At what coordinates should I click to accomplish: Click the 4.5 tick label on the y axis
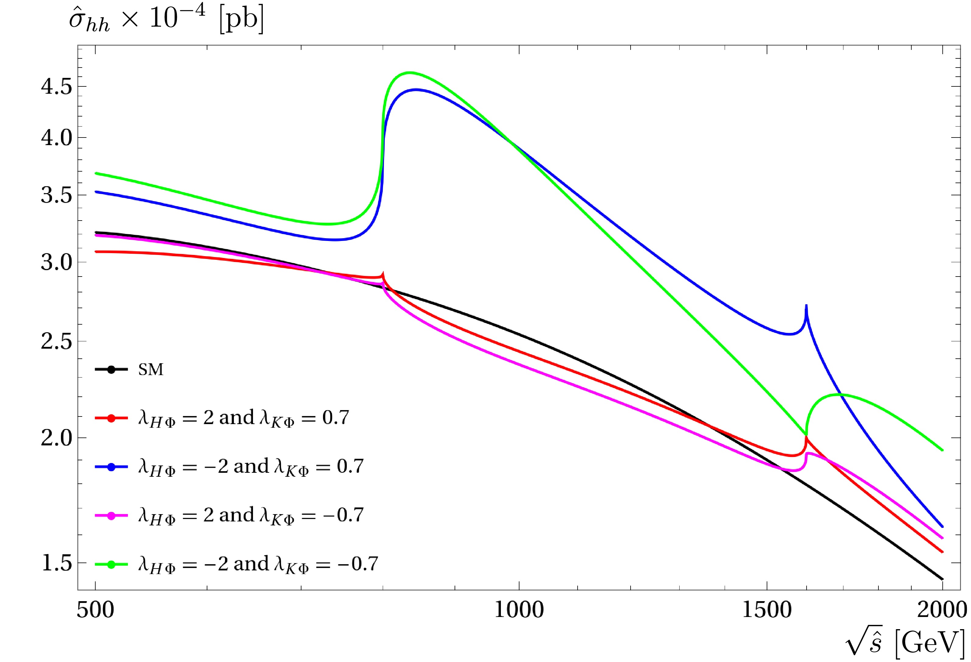[x=56, y=87]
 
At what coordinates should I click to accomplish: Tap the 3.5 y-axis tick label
[x=56, y=195]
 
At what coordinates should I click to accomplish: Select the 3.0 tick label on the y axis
[x=56, y=263]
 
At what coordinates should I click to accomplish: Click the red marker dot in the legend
[x=111, y=418]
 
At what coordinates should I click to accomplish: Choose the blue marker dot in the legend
[x=111, y=467]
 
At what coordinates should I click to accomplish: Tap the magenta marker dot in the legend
[x=111, y=516]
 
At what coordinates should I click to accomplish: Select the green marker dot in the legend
[x=111, y=565]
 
